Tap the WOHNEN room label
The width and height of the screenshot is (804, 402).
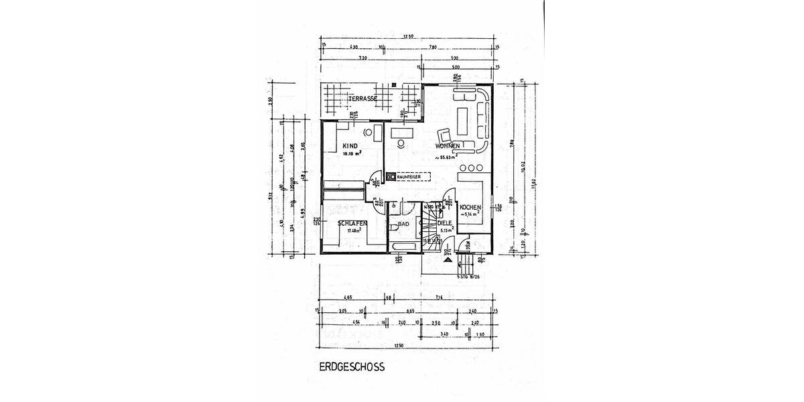tap(447, 145)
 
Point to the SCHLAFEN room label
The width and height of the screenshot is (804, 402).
tap(351, 223)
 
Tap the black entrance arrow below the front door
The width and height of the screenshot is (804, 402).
tap(447, 252)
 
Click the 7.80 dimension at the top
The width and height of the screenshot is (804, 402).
tap(433, 47)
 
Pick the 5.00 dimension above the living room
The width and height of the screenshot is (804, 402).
tap(455, 68)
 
